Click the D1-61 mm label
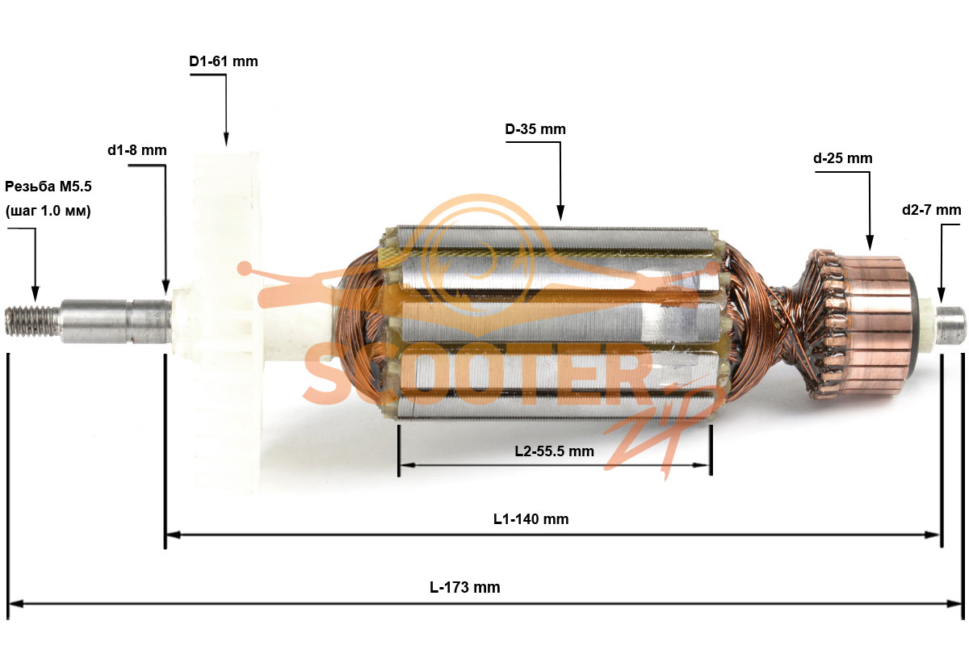tap(223, 61)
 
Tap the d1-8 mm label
tap(137, 150)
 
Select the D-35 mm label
tap(535, 129)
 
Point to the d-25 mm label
tap(843, 158)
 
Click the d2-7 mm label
tap(931, 210)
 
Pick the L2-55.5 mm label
tap(554, 451)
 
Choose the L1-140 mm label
tap(531, 519)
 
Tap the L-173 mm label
tap(464, 587)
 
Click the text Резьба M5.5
tap(48, 187)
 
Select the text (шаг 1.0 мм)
tap(48, 211)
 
